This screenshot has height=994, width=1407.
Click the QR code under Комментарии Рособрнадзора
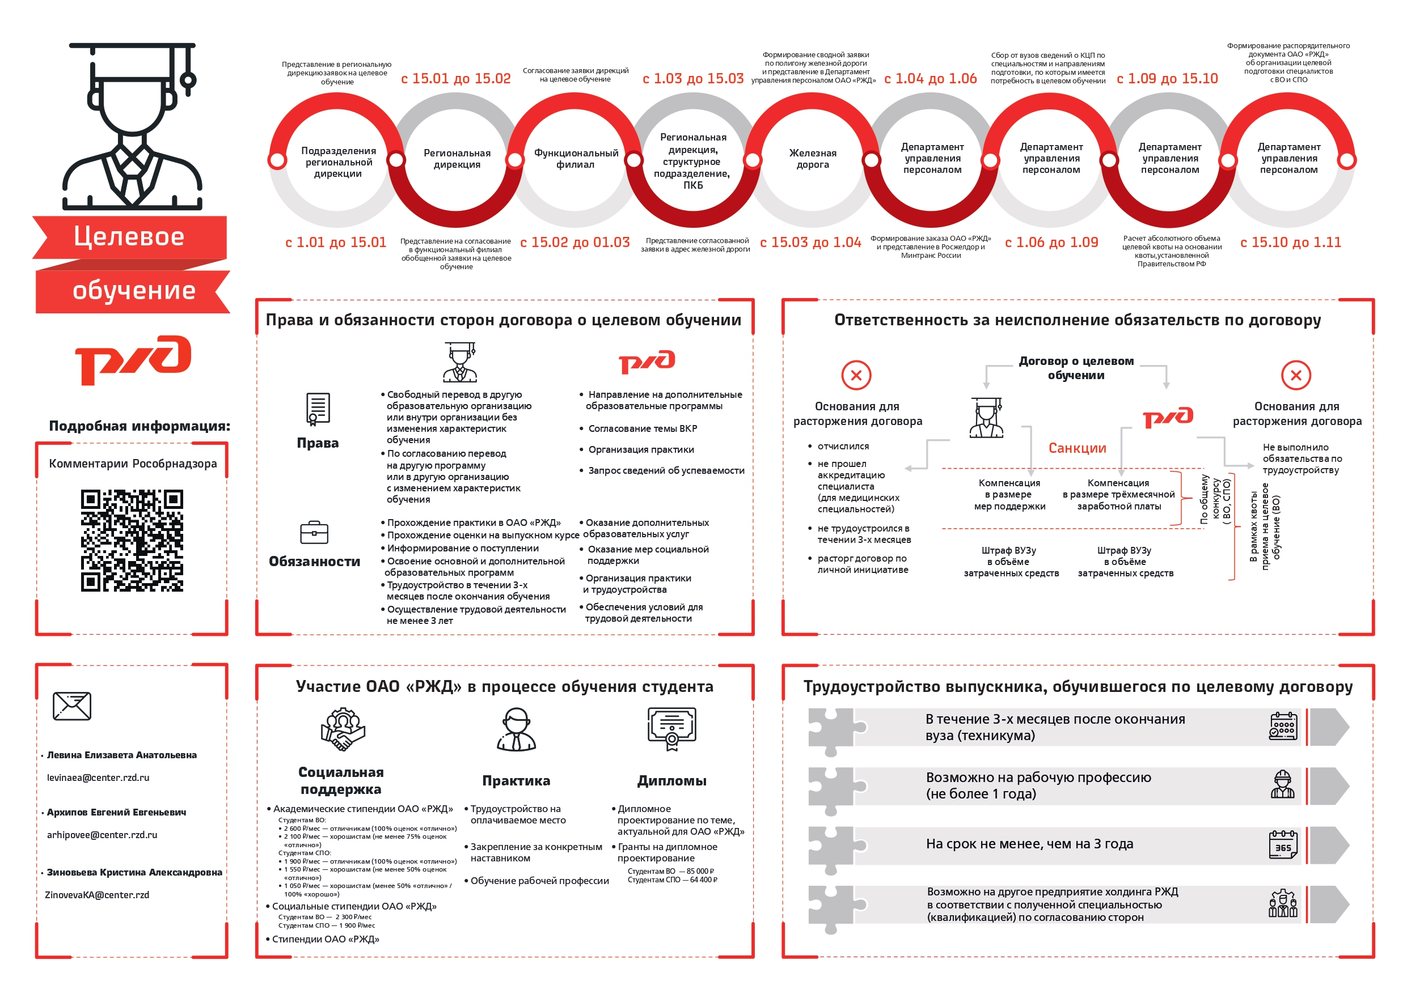point(132,540)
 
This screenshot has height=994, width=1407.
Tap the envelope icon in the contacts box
point(73,706)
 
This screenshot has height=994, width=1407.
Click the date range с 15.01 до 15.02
point(455,78)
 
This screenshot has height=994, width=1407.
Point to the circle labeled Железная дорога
point(813,159)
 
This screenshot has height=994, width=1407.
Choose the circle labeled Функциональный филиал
point(576,159)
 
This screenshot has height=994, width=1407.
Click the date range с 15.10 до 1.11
point(1291,243)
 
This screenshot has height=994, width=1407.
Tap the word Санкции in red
point(1078,448)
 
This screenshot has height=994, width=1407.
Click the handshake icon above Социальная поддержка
point(343,729)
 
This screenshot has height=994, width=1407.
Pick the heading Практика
point(516,781)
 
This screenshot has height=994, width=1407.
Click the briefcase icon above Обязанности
point(314,532)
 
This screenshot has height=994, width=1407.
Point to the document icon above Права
point(318,409)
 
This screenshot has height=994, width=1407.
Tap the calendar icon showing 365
point(1283,844)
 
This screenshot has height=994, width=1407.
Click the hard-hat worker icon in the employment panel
point(1283,784)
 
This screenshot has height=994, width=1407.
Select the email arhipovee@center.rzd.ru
point(102,835)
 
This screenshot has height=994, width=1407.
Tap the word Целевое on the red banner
point(129,236)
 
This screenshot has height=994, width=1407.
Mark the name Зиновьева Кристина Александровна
point(135,872)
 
